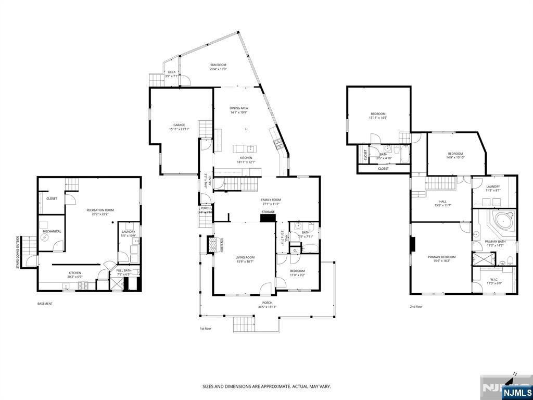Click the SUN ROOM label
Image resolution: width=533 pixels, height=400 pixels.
(x=218, y=65)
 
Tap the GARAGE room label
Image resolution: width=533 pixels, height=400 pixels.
(x=179, y=125)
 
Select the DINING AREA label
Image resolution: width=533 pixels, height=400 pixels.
(x=238, y=108)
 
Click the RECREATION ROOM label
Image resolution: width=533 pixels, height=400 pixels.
(x=100, y=210)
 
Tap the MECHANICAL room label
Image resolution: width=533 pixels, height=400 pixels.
(x=52, y=231)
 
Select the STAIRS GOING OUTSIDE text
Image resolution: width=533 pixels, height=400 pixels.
(x=18, y=253)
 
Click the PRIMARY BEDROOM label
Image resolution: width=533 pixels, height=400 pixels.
(x=441, y=257)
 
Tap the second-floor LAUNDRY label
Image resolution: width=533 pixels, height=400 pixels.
(x=493, y=186)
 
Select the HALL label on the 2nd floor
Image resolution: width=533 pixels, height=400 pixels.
(x=442, y=201)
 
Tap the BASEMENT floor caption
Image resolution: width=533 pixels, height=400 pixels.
(x=45, y=304)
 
